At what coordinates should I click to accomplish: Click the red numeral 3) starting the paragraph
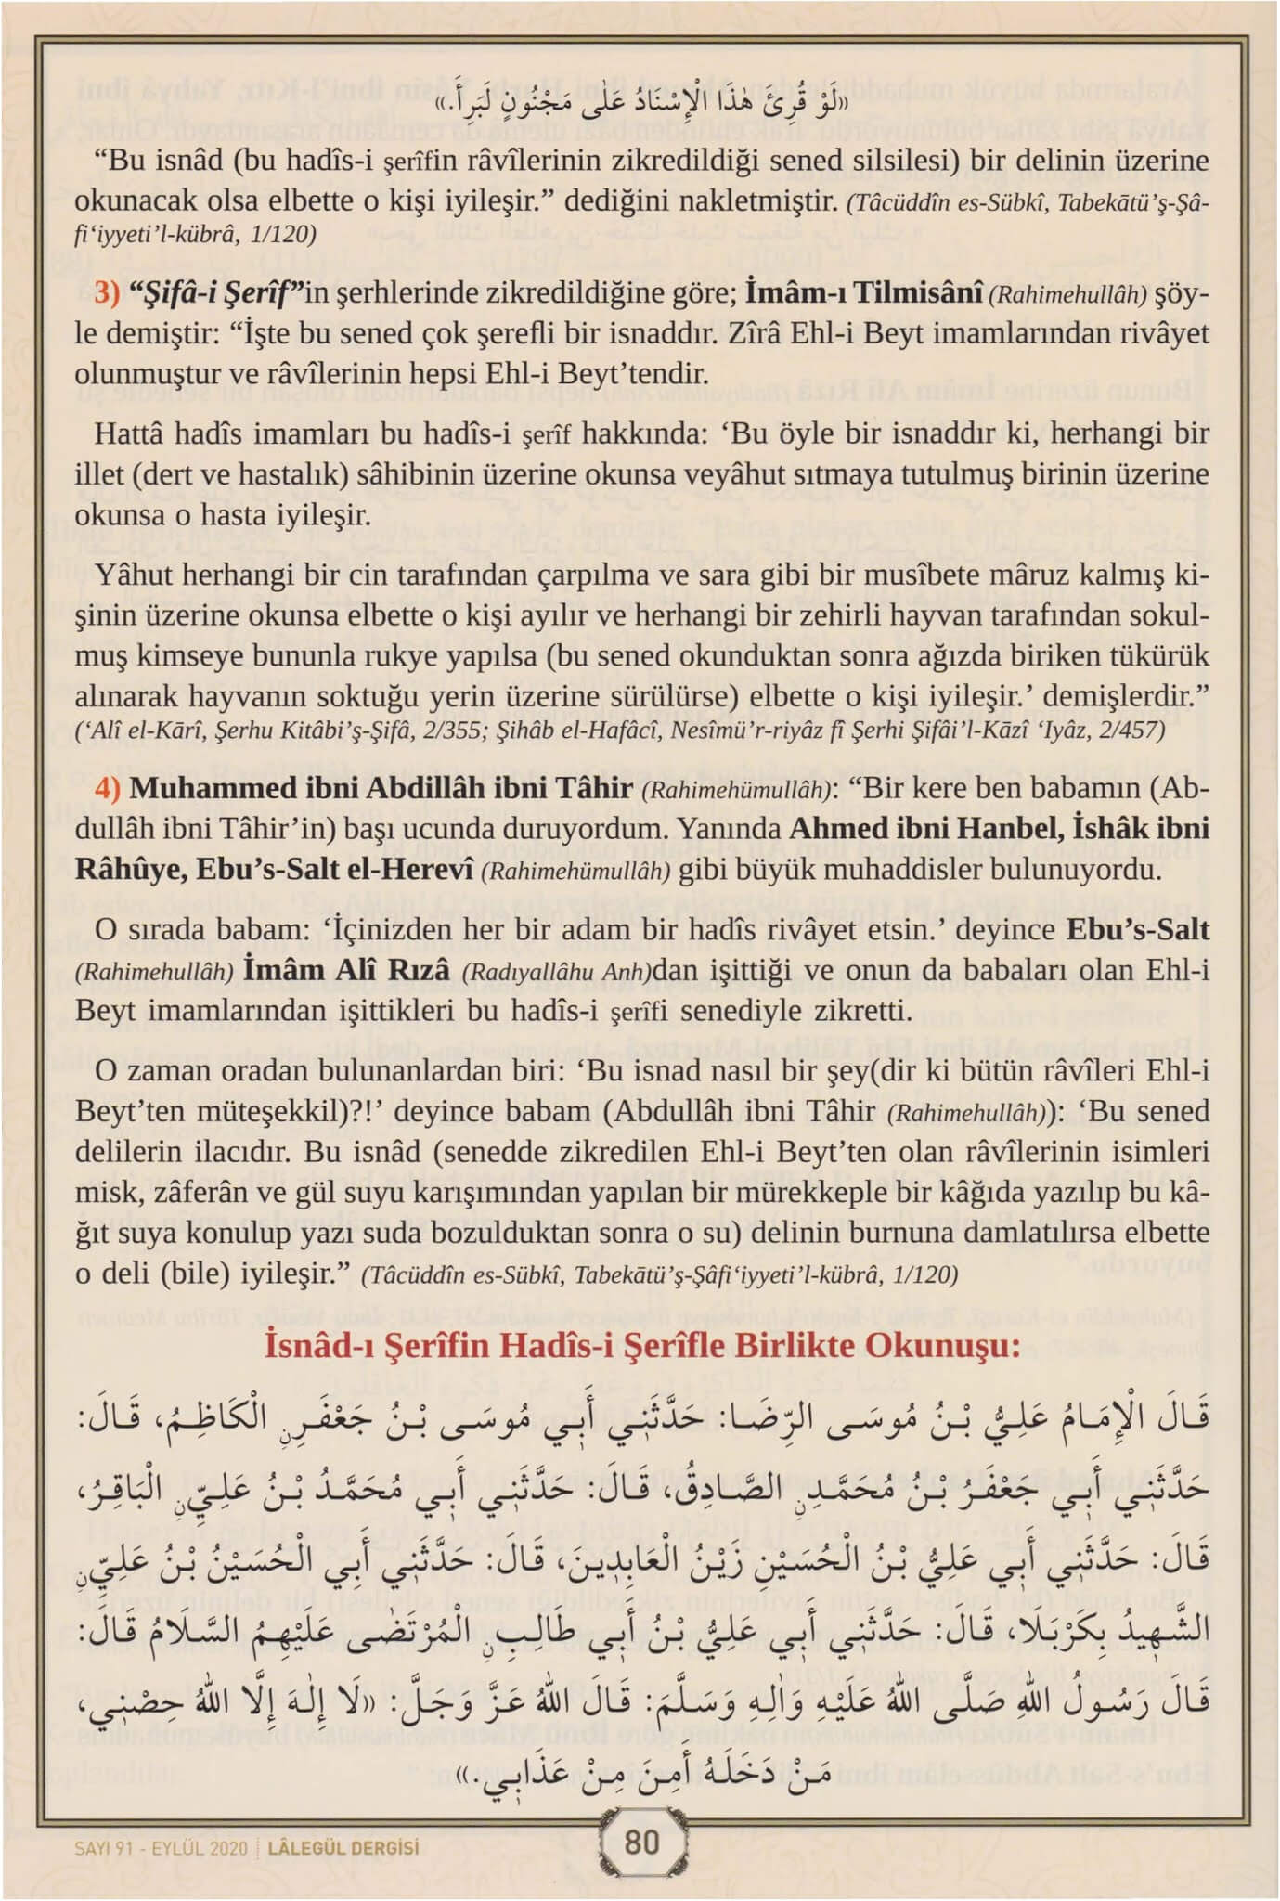tap(107, 294)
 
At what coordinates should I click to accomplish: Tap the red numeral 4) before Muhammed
tap(107, 789)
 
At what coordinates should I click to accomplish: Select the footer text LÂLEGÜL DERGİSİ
tap(343, 1847)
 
